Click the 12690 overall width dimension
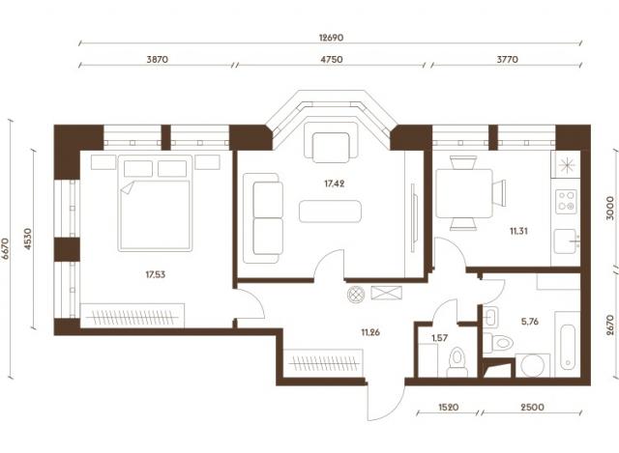point(331,38)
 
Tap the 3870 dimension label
point(157,60)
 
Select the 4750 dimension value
point(331,60)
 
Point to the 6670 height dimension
point(5,248)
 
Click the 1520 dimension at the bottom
point(449,407)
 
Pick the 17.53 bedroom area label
point(155,274)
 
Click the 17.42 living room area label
point(335,184)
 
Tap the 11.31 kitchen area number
point(518,231)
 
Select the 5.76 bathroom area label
point(529,322)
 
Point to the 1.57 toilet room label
point(439,338)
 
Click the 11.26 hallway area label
point(370,332)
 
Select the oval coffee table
point(330,212)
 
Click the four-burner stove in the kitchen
point(566,202)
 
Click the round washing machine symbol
point(533,365)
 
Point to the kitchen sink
point(565,241)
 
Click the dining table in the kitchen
point(464,193)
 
